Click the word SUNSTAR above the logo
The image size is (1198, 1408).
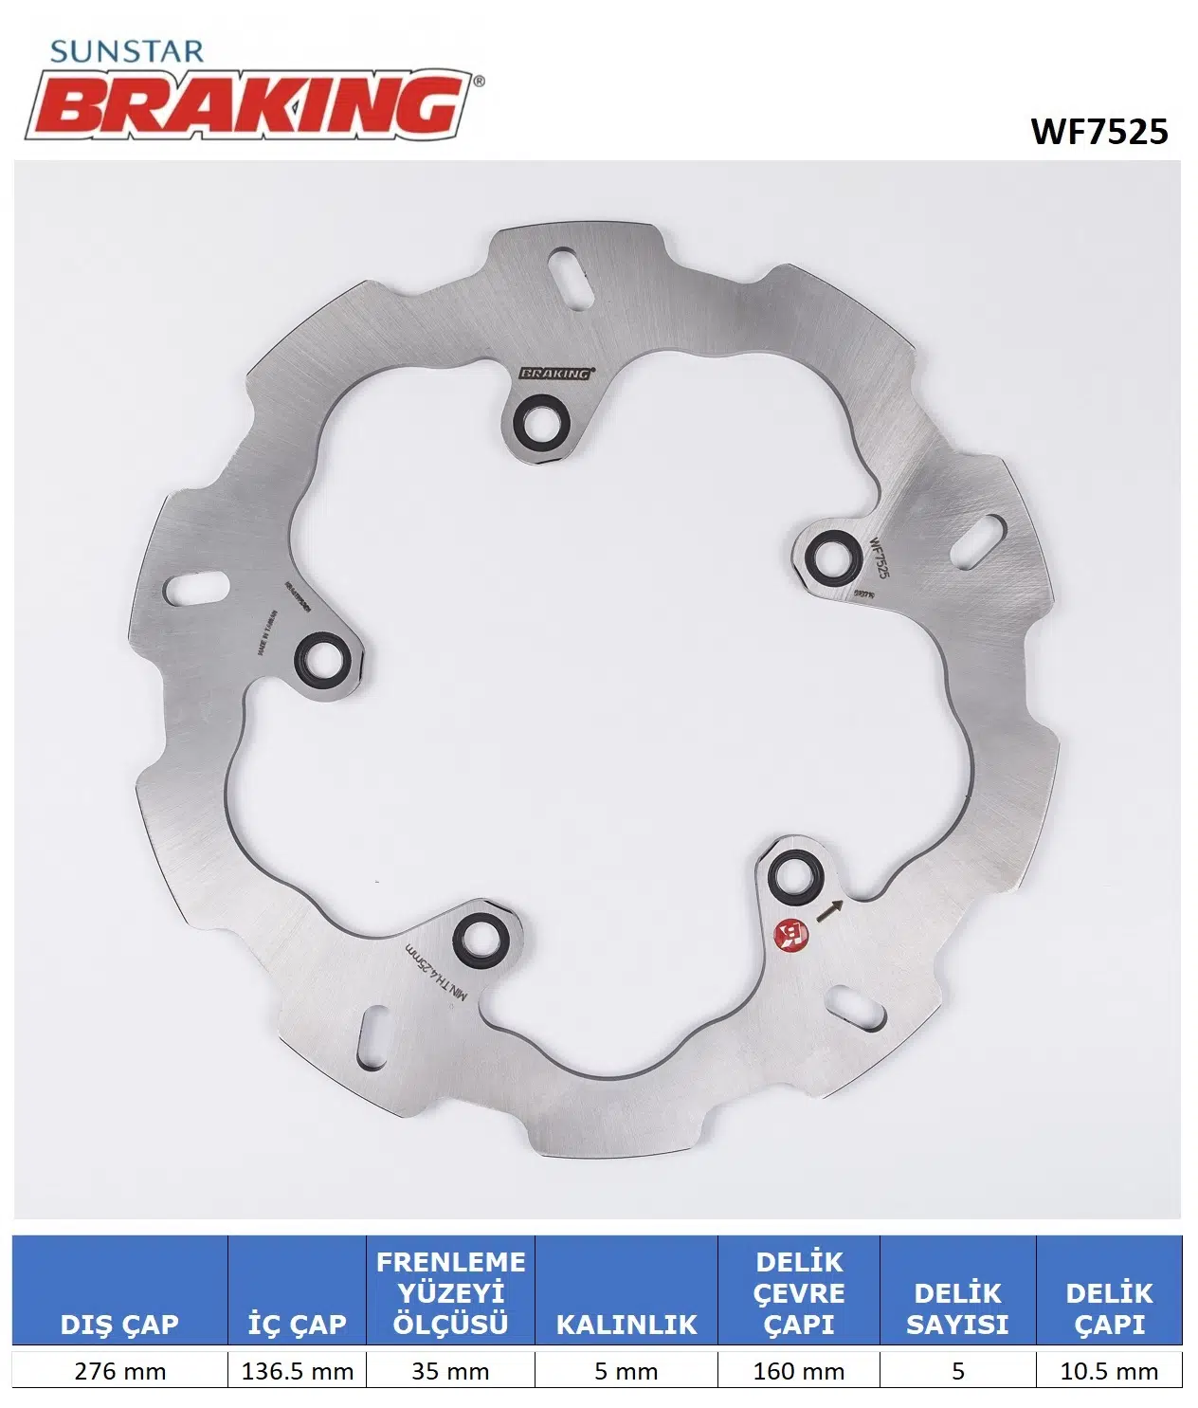click(x=126, y=50)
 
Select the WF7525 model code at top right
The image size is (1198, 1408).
click(x=1099, y=132)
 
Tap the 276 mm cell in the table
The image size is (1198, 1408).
click(x=119, y=1370)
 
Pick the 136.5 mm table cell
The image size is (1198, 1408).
click(x=297, y=1370)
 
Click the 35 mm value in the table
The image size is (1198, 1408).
click(x=450, y=1370)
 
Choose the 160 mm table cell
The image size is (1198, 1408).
click(x=799, y=1370)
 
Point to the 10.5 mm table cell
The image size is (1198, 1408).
click(x=1109, y=1370)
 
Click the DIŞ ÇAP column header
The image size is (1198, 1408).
click(x=119, y=1324)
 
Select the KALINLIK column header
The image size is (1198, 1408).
click(x=626, y=1324)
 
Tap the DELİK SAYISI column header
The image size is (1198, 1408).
click(x=957, y=1307)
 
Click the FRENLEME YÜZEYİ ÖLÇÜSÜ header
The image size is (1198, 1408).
click(x=450, y=1291)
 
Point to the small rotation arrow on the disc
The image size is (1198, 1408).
click(x=829, y=909)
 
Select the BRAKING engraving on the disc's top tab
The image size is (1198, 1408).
click(x=555, y=373)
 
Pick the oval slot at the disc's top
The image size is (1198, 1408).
click(x=572, y=276)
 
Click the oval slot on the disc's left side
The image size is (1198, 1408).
click(x=198, y=588)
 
